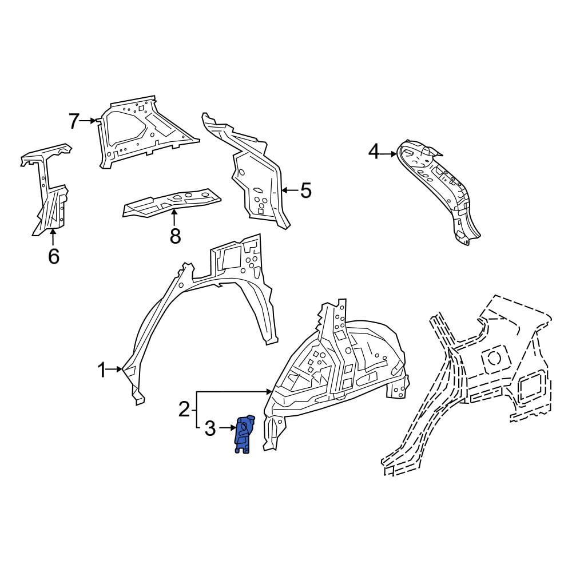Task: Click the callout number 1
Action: click(x=101, y=370)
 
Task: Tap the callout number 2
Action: click(x=185, y=410)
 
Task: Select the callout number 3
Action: click(x=210, y=428)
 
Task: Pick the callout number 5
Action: click(x=305, y=190)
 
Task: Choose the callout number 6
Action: click(x=54, y=256)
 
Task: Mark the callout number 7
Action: click(x=74, y=121)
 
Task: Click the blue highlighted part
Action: click(x=244, y=434)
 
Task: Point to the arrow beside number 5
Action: click(x=291, y=190)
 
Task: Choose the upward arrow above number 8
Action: click(x=174, y=217)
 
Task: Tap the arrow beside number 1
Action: click(x=115, y=369)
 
